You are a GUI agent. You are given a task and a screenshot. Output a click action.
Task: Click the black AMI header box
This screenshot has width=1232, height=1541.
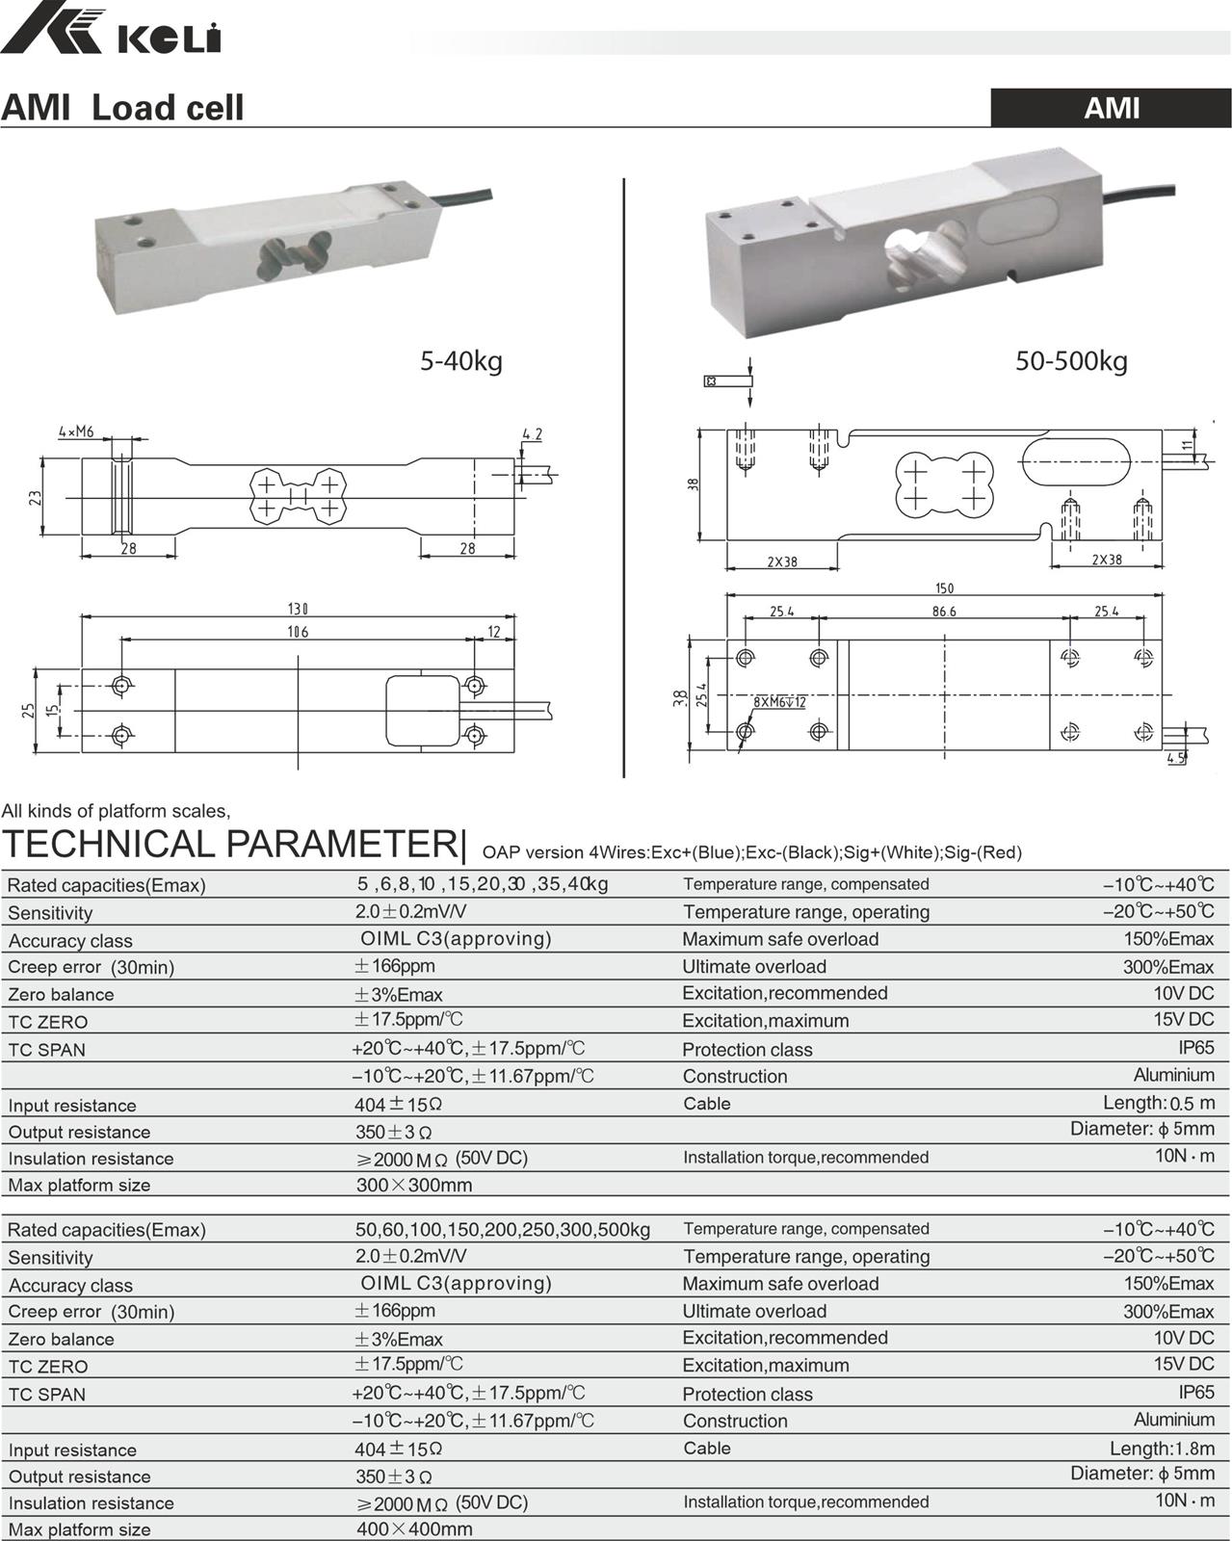pos(1111,107)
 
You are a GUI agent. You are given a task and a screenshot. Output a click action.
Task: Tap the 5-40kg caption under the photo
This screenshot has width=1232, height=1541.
pos(460,362)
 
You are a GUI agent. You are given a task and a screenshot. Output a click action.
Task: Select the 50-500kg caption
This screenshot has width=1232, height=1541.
pos(1070,362)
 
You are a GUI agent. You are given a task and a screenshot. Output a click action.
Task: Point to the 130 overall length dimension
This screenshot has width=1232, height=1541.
pos(298,609)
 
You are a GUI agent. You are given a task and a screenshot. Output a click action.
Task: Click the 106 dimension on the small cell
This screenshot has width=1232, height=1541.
pos(298,632)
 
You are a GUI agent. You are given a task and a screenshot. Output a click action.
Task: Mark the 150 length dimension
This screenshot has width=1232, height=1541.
pos(944,588)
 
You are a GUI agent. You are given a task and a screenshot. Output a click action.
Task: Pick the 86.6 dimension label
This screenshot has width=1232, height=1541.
pos(944,612)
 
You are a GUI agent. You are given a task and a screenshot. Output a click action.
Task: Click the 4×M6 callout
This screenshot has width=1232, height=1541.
pos(76,431)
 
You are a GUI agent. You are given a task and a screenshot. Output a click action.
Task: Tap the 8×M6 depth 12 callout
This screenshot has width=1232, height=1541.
pos(780,702)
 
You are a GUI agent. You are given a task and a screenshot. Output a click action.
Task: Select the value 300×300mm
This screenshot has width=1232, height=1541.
pos(414,1186)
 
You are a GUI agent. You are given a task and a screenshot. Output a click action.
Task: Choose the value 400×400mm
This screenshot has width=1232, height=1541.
pos(414,1529)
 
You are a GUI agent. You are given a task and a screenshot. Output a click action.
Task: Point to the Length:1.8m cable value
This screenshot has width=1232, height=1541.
pos(1161,1448)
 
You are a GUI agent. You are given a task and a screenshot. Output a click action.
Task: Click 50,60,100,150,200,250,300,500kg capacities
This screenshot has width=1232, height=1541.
pos(503,1230)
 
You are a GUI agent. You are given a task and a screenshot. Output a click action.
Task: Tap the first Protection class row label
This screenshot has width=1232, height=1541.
pos(747,1050)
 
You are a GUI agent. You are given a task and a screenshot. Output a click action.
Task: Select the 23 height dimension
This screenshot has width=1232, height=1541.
pos(36,497)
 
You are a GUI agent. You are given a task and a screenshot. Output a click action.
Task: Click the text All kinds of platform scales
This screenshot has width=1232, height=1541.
pos(116,811)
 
